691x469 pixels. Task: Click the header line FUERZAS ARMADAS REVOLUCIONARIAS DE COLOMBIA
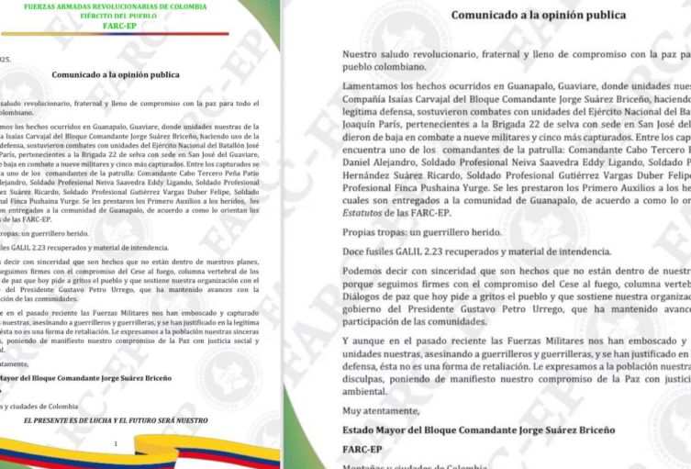pyautogui.click(x=128, y=7)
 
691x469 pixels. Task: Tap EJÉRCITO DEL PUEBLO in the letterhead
pyautogui.click(x=128, y=17)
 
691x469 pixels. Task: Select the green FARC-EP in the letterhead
pyautogui.click(x=128, y=28)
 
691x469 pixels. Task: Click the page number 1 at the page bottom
pyautogui.click(x=116, y=443)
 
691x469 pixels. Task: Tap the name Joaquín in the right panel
pyautogui.click(x=364, y=129)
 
